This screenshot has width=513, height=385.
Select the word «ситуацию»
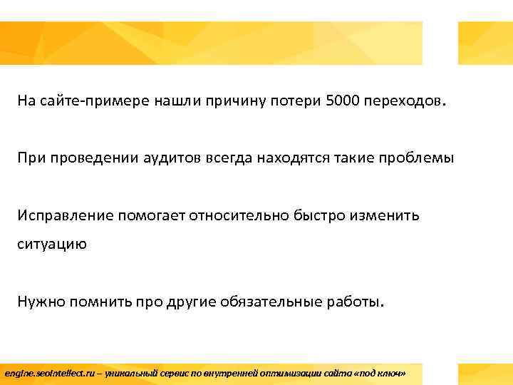click(53, 244)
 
